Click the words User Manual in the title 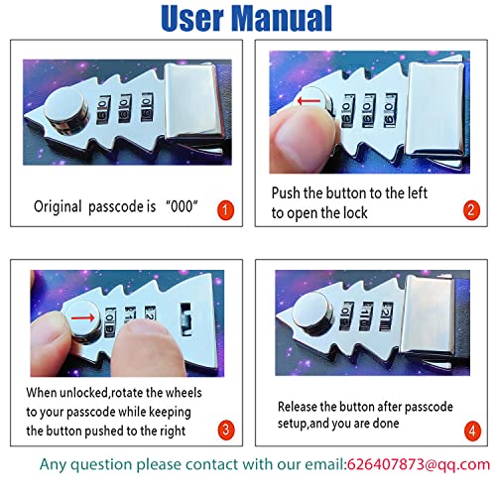pos(246,19)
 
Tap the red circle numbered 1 pos(225,209)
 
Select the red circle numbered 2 pos(471,210)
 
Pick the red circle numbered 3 pos(226,430)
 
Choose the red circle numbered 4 pos(472,431)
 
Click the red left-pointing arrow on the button pos(309,101)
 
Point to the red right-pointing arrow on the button pos(83,318)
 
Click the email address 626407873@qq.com pos(419,464)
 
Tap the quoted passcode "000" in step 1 pos(182,206)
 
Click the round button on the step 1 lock pos(66,111)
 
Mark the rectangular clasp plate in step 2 pos(435,108)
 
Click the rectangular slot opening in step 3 pos(186,319)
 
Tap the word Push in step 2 pos(286,193)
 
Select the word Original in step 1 pos(58,206)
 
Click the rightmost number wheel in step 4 pos(386,315)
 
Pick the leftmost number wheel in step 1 pos(103,110)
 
